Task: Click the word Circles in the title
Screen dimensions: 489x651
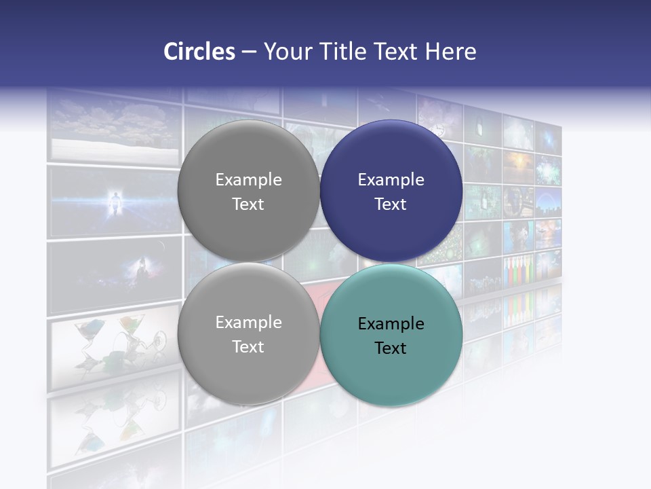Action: point(199,52)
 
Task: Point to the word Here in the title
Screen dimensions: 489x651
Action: point(450,52)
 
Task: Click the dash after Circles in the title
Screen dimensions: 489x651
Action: point(249,52)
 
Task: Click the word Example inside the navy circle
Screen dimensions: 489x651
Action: point(391,180)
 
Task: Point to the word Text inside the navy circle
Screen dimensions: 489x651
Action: point(391,204)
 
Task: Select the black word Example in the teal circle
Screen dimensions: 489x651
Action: point(391,324)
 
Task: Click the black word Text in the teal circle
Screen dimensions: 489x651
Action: point(391,348)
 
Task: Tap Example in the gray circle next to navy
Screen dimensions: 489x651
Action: point(248,180)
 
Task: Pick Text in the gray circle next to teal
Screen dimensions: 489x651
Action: point(248,347)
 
